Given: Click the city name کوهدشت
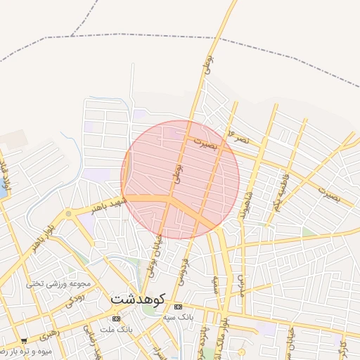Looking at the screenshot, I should (137, 298).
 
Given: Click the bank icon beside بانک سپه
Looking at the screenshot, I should (178, 307).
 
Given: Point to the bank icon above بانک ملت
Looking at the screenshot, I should (116, 319).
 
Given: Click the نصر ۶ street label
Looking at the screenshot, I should (239, 137).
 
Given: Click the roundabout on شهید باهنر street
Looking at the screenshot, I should (68, 213).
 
